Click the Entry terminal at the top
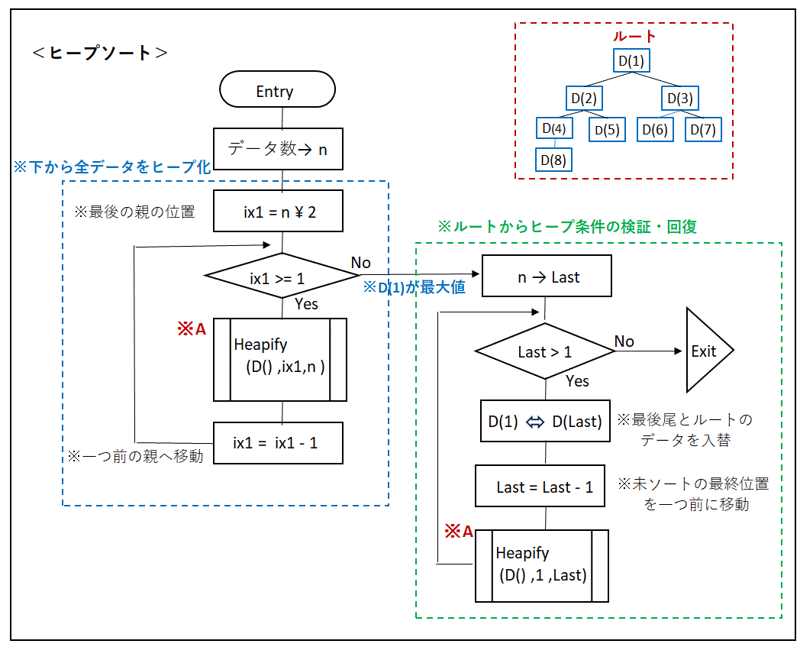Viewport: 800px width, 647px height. [x=278, y=89]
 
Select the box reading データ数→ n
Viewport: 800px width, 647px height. [x=278, y=149]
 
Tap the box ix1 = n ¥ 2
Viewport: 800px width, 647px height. [x=278, y=211]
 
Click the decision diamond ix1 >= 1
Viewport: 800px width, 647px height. [x=282, y=276]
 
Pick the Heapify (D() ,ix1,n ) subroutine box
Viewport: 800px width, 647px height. [x=280, y=360]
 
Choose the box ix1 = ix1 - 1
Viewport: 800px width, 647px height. [x=278, y=443]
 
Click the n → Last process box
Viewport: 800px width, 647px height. [x=547, y=276]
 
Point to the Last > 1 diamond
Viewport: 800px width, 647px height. [x=545, y=351]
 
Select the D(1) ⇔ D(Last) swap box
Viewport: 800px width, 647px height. [x=545, y=421]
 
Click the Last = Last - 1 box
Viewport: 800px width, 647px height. [x=540, y=486]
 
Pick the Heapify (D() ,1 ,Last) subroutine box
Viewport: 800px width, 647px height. [x=542, y=566]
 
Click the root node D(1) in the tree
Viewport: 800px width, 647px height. [x=631, y=61]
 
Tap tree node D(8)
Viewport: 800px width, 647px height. [x=553, y=160]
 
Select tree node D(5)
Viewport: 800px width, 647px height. [x=607, y=130]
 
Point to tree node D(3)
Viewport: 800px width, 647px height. [x=680, y=98]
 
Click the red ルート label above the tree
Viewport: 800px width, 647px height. [x=634, y=36]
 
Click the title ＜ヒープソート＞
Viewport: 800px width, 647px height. [x=100, y=53]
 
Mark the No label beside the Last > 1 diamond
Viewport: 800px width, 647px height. [x=624, y=341]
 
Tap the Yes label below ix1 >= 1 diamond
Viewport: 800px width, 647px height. [x=306, y=304]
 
